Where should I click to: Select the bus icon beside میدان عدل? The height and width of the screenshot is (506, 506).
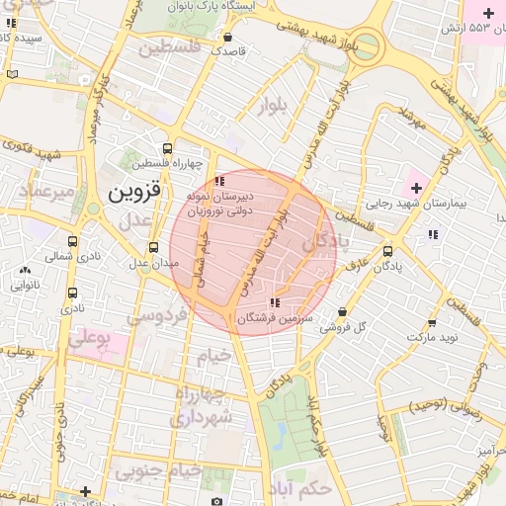(153, 248)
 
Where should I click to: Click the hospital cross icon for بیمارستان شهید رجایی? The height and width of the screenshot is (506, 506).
(416, 187)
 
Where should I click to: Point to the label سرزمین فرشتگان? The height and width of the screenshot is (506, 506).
(274, 318)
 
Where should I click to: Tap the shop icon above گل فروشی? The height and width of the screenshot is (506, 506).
(342, 311)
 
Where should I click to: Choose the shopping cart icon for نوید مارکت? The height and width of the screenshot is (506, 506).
(432, 323)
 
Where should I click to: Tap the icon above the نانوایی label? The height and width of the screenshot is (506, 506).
(25, 270)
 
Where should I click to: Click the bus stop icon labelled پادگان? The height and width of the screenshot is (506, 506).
(387, 251)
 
